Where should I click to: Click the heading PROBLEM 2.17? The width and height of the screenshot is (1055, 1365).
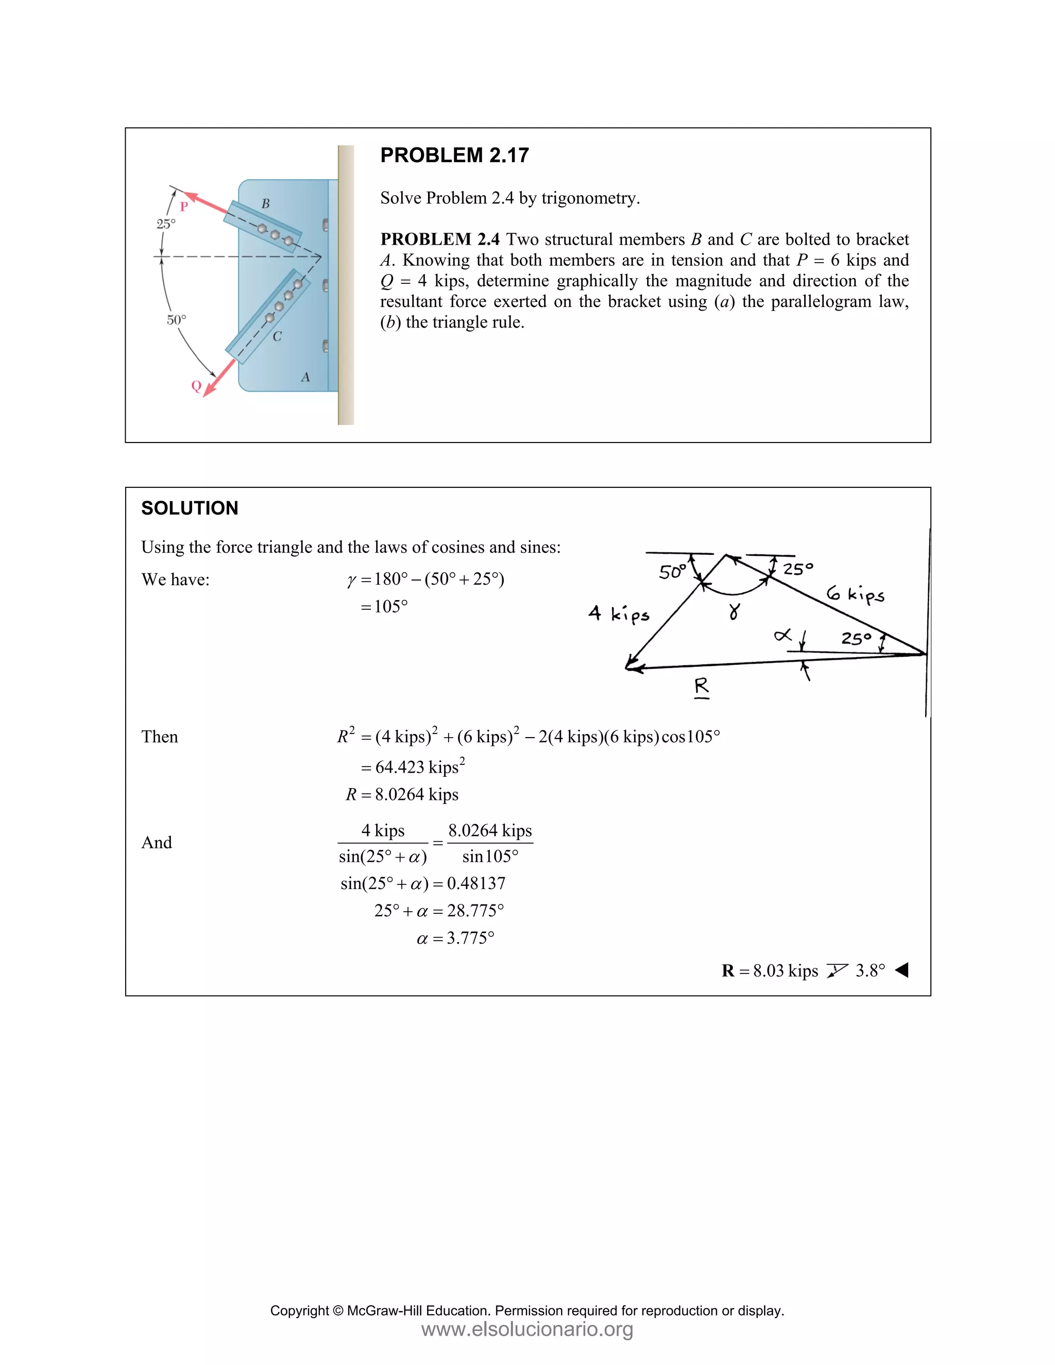pos(454,155)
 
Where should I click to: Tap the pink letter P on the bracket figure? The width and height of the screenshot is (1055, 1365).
pos(184,206)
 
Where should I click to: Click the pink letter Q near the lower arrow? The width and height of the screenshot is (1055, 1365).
pos(196,386)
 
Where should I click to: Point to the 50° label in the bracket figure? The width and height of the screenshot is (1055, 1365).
pos(176,320)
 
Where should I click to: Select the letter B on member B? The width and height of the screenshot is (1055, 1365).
pos(266,204)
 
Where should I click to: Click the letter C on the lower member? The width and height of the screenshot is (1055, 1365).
pos(277,337)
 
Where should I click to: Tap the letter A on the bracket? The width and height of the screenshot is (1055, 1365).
pos(305,377)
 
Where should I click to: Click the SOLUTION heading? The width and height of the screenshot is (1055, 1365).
pos(190,508)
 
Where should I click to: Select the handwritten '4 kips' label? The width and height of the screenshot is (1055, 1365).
pos(619,615)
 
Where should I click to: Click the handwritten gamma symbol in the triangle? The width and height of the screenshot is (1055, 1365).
pos(735,611)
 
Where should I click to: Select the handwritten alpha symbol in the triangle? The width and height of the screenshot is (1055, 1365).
pos(782,636)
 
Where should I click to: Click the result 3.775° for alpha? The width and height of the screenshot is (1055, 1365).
pos(470,938)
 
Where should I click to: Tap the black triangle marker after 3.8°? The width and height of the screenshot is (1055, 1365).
pos(902,970)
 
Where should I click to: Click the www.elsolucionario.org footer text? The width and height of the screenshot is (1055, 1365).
pos(527,1329)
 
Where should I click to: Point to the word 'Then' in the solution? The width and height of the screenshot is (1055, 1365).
pos(159,737)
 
